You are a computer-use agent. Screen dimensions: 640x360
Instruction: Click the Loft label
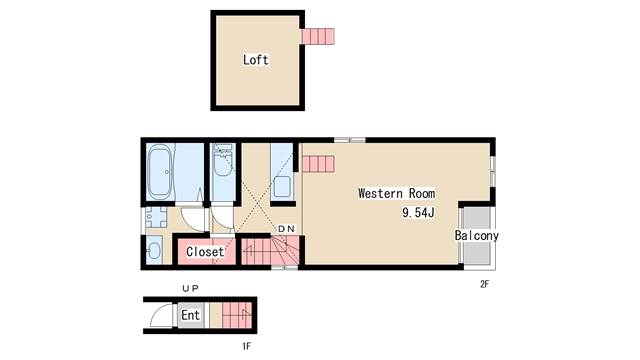click(256, 60)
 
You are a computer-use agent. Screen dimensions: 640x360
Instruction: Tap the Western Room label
click(396, 193)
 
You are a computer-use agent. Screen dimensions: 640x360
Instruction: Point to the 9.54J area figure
click(418, 212)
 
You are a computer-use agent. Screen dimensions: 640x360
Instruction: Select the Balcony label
click(477, 236)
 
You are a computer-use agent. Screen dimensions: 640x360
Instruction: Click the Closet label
click(205, 251)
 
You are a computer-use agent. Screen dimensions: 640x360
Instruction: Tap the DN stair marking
click(286, 229)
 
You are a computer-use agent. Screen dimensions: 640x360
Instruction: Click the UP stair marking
click(190, 289)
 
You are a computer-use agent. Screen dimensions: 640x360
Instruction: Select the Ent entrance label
click(190, 315)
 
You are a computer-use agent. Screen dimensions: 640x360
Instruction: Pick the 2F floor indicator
click(484, 284)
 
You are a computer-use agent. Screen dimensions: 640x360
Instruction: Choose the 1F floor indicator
click(246, 347)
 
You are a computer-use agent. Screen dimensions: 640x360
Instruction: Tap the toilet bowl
click(223, 160)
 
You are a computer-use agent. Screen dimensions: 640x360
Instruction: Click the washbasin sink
click(154, 250)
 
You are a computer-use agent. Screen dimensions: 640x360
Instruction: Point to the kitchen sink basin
click(282, 187)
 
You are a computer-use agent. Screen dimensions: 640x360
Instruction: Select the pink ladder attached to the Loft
click(318, 36)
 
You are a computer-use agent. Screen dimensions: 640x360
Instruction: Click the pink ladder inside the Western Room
click(318, 164)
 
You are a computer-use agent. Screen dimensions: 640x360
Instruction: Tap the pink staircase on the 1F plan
click(237, 315)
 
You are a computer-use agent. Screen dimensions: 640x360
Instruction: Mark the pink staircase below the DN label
click(270, 251)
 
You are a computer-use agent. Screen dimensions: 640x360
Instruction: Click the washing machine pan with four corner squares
click(156, 217)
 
